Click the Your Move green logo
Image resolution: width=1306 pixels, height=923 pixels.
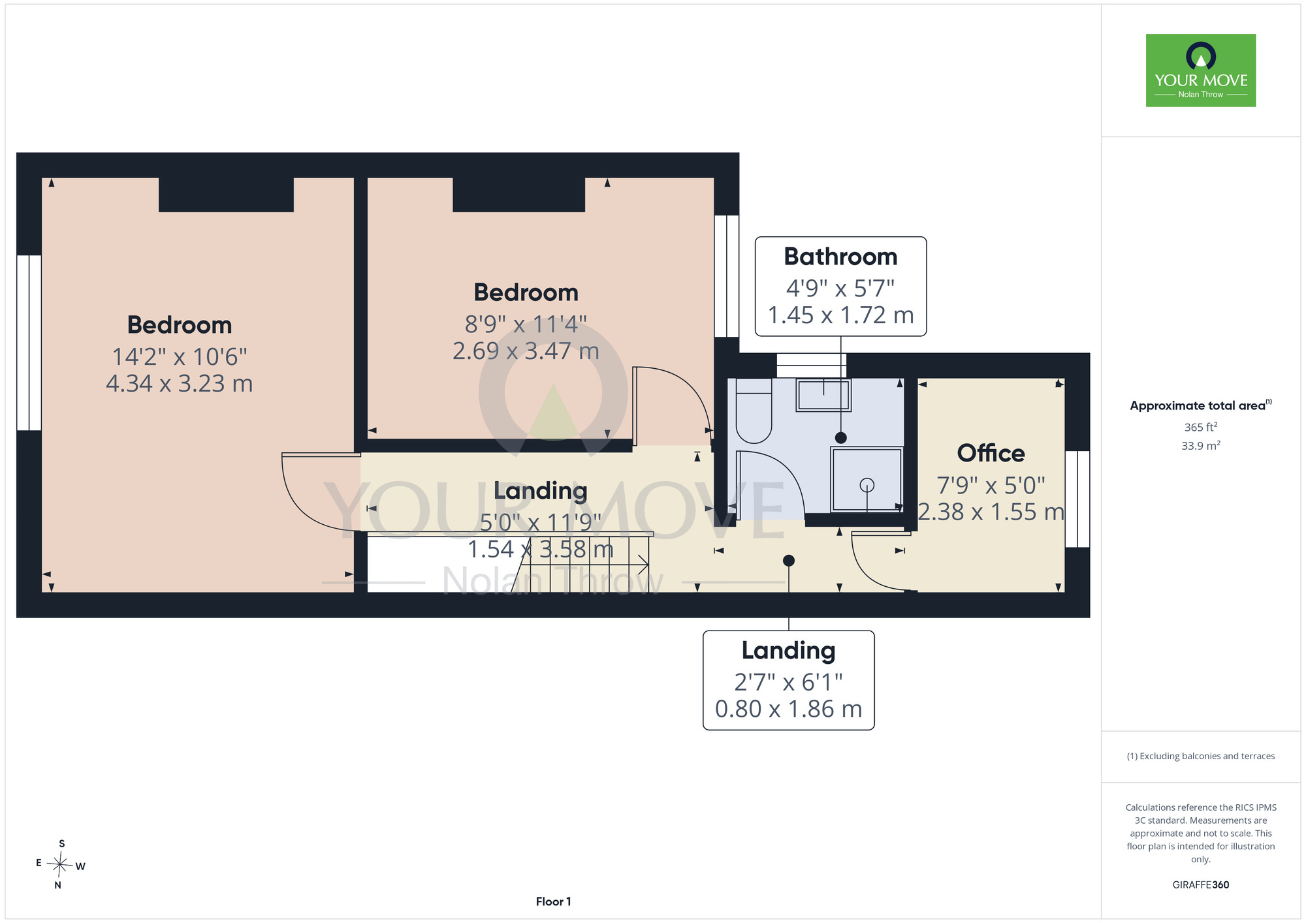tap(1200, 70)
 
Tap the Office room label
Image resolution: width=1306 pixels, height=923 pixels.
tap(991, 453)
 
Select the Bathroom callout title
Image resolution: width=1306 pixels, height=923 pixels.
tap(840, 257)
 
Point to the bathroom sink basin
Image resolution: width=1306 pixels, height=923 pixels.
tap(823, 395)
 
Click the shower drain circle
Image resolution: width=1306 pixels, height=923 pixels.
tap(867, 485)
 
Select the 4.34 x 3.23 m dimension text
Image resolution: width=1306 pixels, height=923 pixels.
tap(180, 384)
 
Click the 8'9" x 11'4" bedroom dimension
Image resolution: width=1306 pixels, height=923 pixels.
tap(526, 324)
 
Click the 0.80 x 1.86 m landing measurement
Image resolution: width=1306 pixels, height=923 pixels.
tap(788, 709)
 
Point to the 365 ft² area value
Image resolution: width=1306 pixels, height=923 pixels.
tap(1200, 427)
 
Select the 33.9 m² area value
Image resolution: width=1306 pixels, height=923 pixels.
tap(1200, 446)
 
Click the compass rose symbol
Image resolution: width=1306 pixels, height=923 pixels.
tap(60, 865)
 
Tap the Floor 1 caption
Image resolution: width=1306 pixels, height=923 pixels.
tap(553, 901)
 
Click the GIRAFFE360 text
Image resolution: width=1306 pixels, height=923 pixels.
tap(1200, 885)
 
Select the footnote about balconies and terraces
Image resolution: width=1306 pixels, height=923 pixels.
tap(1200, 756)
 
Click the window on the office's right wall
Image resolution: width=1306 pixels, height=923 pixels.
tap(1077, 499)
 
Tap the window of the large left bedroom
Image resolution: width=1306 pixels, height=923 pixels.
tap(29, 343)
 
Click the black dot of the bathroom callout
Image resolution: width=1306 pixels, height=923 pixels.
tap(841, 438)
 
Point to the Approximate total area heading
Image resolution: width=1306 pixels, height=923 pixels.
tap(1200, 405)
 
